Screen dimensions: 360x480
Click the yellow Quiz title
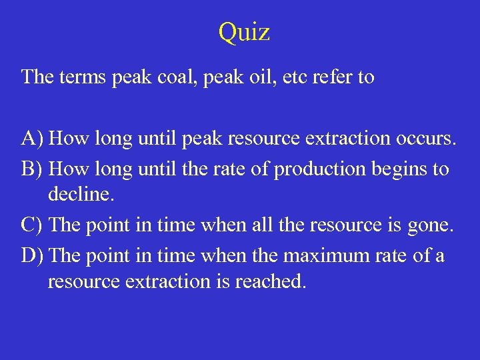point(244,32)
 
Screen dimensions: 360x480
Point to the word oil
point(259,77)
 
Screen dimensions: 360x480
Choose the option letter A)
point(33,139)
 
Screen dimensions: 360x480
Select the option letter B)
point(33,169)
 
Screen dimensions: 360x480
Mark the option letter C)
point(33,225)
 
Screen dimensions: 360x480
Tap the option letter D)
point(33,255)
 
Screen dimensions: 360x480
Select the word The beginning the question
point(37,77)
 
